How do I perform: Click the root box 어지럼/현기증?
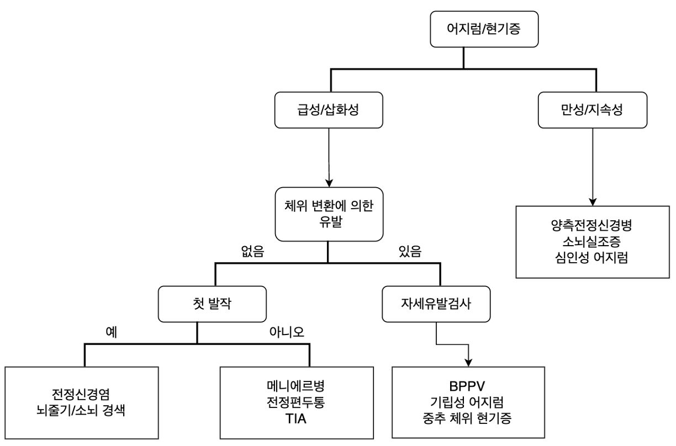(484, 29)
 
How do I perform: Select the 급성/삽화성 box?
(329, 110)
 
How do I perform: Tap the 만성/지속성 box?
(593, 110)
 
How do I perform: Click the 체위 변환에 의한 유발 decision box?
(329, 214)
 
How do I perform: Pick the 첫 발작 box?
(212, 304)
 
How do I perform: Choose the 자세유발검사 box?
(436, 304)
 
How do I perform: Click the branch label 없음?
(252, 251)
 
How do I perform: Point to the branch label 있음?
(410, 251)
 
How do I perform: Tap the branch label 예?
(112, 332)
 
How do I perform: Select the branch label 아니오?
(287, 332)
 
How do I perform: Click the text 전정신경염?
(81, 394)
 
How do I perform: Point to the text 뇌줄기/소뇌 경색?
(81, 410)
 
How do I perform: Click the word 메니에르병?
(296, 385)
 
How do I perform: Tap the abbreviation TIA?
(296, 419)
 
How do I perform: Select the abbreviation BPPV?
(467, 386)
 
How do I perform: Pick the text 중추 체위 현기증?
(467, 418)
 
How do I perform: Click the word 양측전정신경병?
(591, 225)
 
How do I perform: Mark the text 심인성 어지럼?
(591, 258)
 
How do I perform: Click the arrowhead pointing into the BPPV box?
(468, 363)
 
